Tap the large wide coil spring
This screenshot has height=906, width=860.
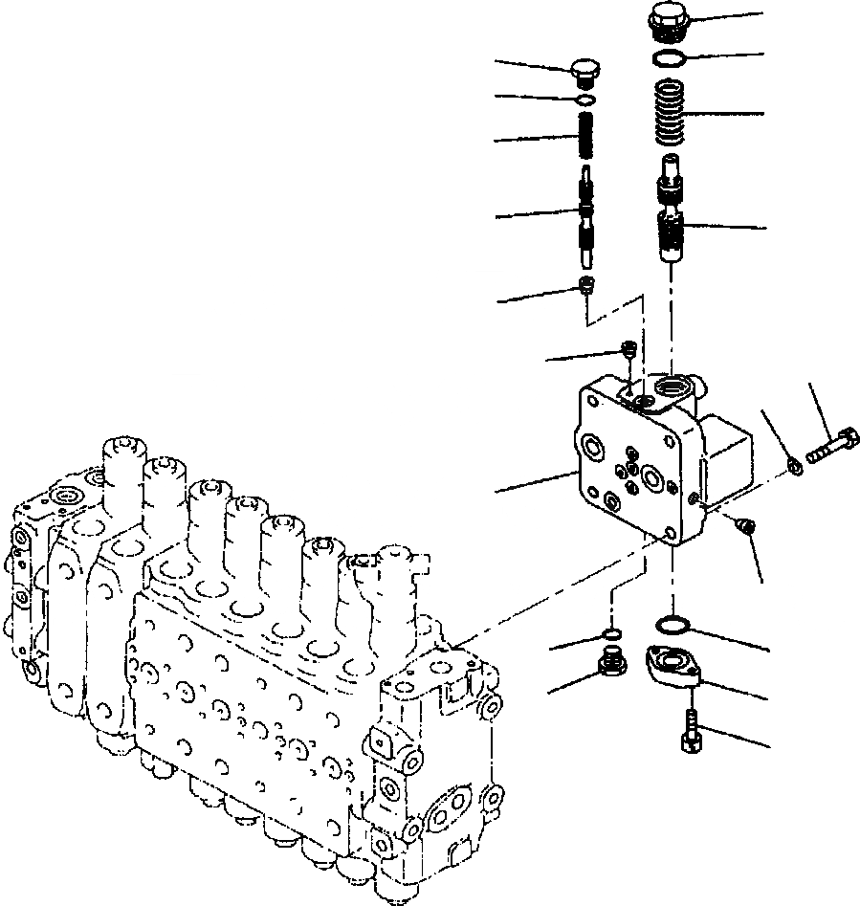(x=672, y=113)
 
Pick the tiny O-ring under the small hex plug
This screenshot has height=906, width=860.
(x=585, y=98)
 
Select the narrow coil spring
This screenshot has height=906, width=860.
(x=587, y=136)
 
